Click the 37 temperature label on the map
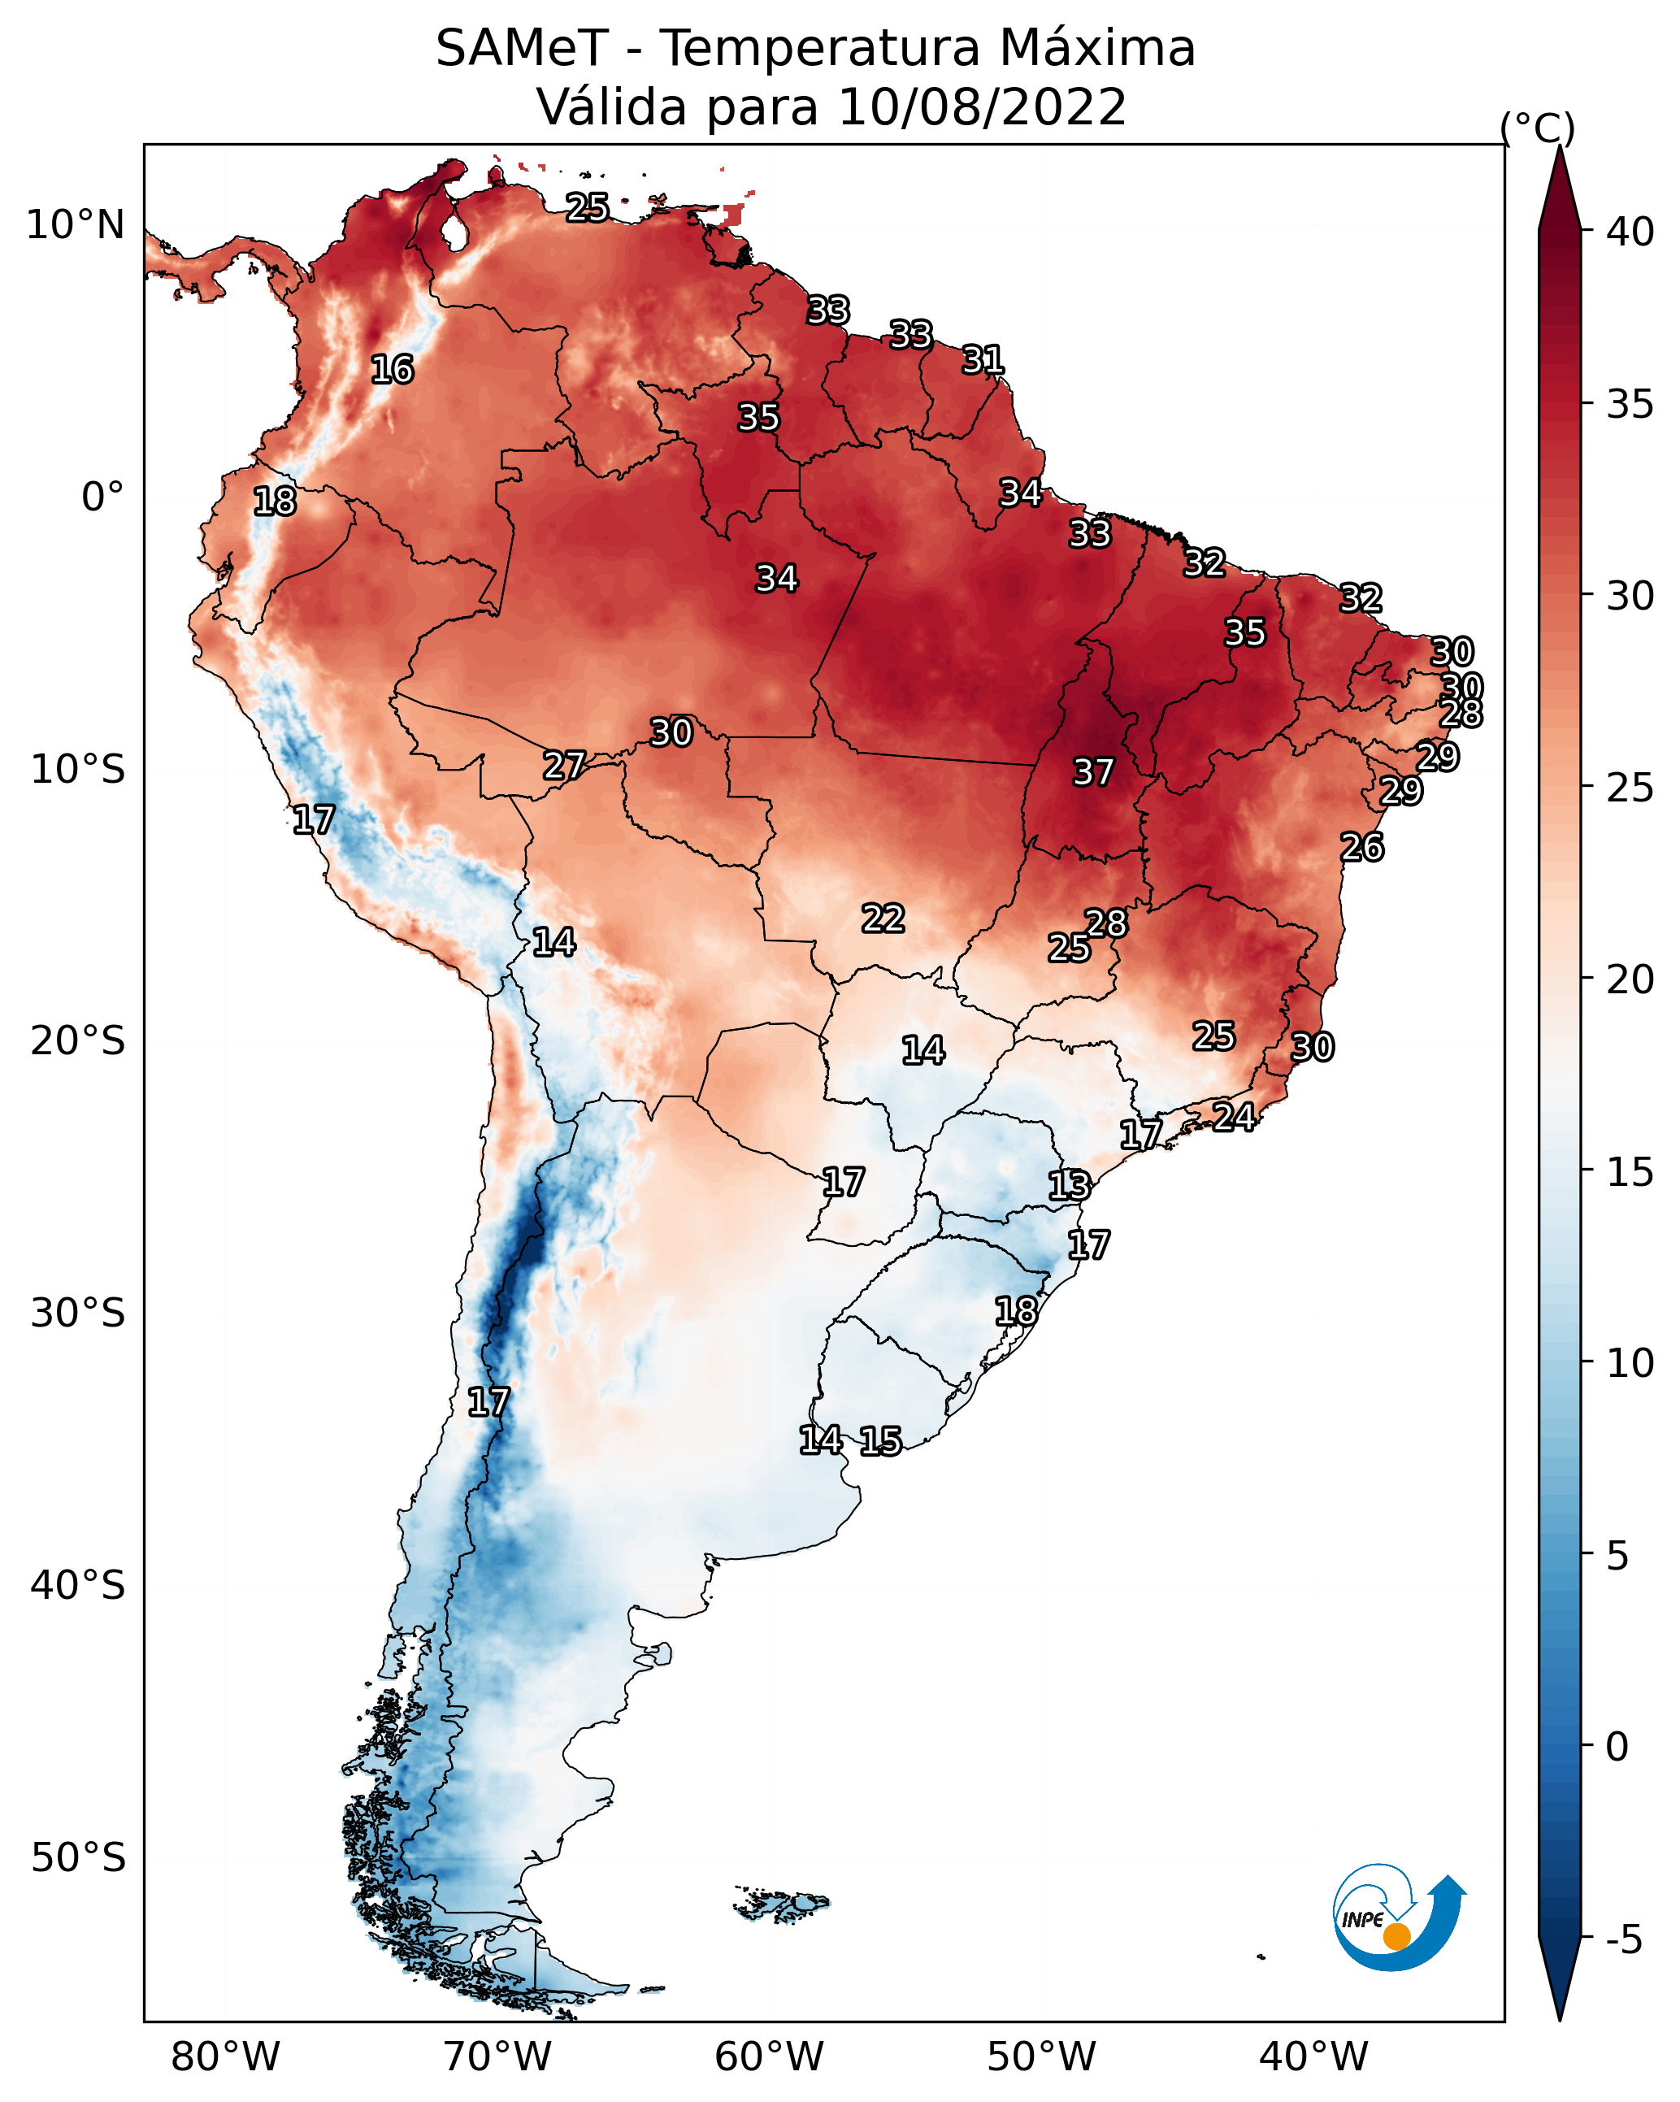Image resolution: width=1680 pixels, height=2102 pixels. [x=1093, y=772]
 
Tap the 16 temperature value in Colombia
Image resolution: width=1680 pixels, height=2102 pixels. [x=392, y=370]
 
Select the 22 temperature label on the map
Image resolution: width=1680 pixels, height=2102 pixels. [x=883, y=918]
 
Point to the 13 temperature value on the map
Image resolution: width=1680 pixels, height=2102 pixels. [x=1069, y=1186]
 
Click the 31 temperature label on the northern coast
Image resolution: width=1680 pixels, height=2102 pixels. [x=983, y=360]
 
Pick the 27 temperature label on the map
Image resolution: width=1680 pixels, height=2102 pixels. [x=563, y=766]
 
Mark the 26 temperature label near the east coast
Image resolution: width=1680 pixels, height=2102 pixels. [x=1361, y=847]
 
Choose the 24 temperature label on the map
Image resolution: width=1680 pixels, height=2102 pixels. [x=1234, y=1116]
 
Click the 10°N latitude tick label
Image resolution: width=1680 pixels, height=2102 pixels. [x=75, y=225]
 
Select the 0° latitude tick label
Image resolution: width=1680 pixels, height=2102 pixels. [x=103, y=497]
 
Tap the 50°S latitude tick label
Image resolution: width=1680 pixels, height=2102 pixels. [x=78, y=1858]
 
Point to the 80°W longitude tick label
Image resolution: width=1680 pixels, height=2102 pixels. [x=225, y=2057]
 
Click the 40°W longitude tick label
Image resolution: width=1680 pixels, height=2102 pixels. [x=1313, y=2057]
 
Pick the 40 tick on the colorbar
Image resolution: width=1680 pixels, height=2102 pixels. [x=1630, y=232]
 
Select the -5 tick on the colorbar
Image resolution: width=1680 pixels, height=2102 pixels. [x=1625, y=1940]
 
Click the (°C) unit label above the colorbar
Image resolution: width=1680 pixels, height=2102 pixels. [x=1538, y=128]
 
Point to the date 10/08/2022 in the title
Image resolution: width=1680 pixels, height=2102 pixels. [x=982, y=106]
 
